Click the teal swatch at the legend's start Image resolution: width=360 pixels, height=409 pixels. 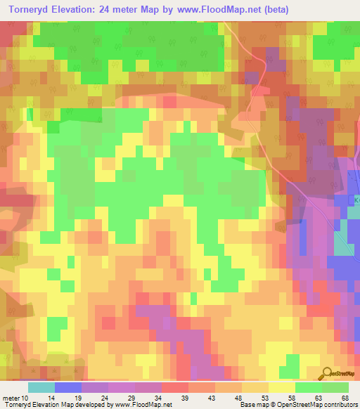coord(41,387)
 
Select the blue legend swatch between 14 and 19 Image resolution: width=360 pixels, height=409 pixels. coord(68,387)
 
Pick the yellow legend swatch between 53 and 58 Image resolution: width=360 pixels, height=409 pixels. coord(282,387)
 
